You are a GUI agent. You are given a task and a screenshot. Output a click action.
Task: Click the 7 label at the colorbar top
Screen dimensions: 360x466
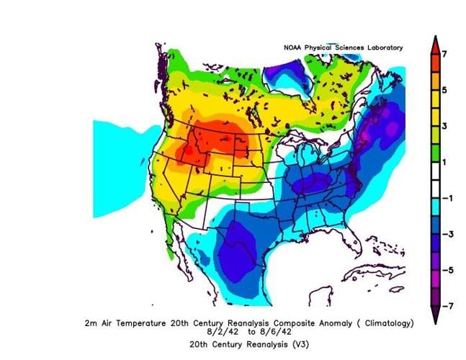446,54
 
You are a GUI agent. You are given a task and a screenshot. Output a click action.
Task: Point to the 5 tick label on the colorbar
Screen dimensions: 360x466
446,90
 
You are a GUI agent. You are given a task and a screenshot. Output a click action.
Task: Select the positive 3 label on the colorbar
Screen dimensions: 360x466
446,126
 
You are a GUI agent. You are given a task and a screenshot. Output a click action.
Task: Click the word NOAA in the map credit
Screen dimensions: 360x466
293,48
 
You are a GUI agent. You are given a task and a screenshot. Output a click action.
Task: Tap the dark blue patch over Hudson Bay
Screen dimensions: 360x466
287,72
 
